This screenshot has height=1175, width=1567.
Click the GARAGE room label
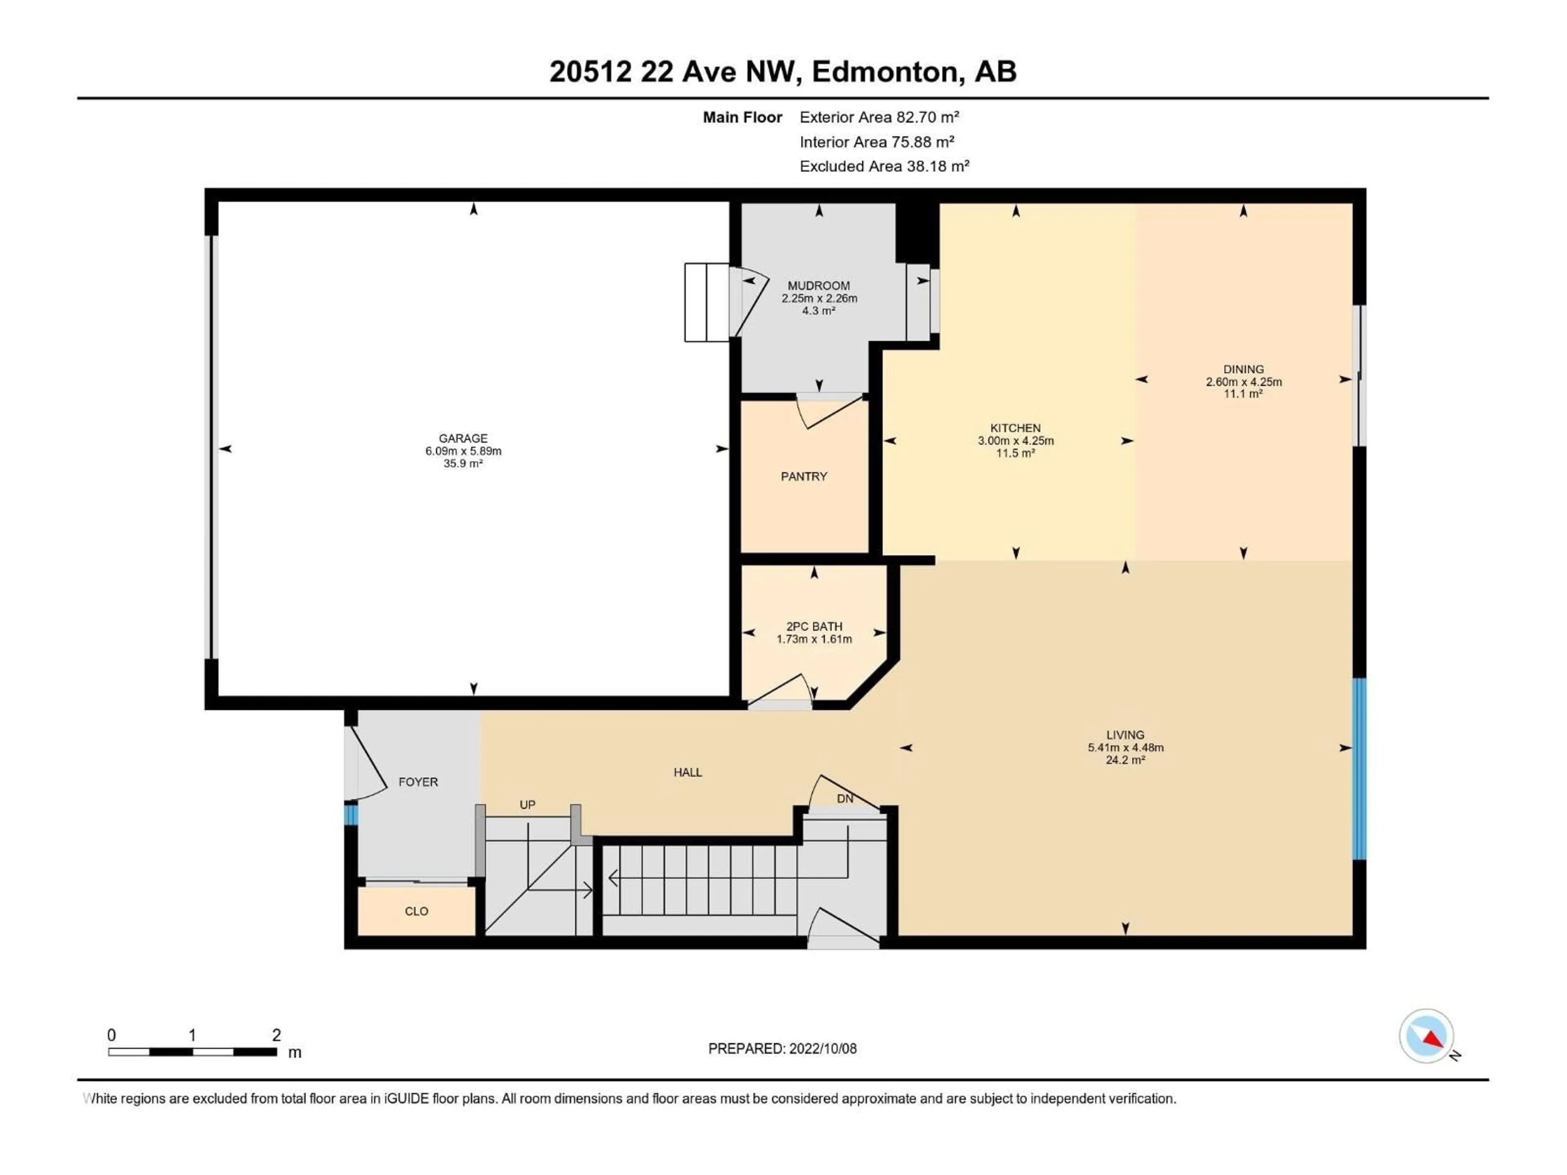463,439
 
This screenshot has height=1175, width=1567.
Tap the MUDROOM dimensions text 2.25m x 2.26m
819,298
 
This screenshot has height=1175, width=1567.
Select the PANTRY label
803,477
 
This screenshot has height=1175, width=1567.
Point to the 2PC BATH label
814,626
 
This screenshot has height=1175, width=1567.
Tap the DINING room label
1243,369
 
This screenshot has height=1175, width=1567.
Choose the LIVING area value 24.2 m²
1125,760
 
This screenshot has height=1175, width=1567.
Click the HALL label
687,772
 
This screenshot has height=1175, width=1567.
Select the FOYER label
418,782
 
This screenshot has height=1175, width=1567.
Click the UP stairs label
527,805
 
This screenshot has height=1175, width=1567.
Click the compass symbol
1426,1035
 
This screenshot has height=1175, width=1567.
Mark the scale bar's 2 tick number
276,1035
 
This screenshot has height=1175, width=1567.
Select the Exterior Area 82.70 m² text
879,117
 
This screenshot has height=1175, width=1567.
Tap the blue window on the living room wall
1359,769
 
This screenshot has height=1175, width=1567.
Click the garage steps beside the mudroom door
706,302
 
